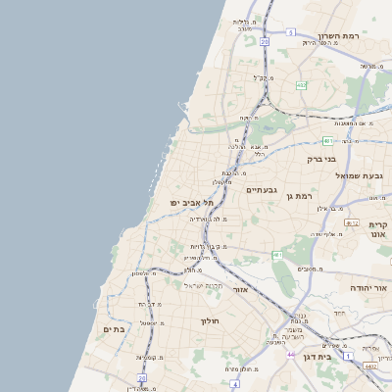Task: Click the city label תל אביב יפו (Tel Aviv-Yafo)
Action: coord(191,203)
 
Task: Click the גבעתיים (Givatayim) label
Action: coord(264,189)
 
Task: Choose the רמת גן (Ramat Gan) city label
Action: coord(298,196)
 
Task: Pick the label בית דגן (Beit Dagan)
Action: coord(340,357)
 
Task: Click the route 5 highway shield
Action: coord(291,32)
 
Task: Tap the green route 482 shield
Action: coord(301,85)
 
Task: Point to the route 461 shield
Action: coord(277,256)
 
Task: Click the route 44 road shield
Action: coord(290,353)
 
